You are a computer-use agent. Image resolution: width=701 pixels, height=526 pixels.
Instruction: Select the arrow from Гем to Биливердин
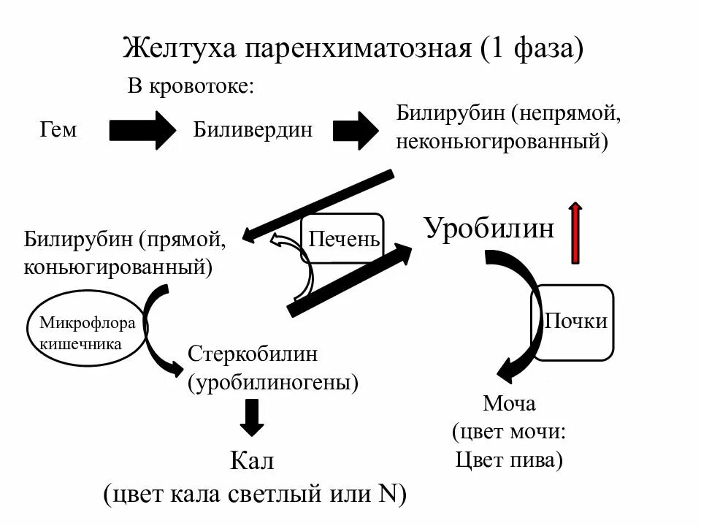tap(143, 130)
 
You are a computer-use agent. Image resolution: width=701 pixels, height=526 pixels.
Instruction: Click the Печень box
tap(344, 239)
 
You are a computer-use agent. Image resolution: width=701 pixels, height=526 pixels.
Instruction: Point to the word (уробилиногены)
tap(274, 381)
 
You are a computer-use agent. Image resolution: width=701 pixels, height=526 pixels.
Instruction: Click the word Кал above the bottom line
tap(251, 462)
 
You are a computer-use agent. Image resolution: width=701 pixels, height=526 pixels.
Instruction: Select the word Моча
tap(509, 403)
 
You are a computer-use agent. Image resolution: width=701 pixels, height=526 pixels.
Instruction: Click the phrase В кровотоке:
tap(191, 87)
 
